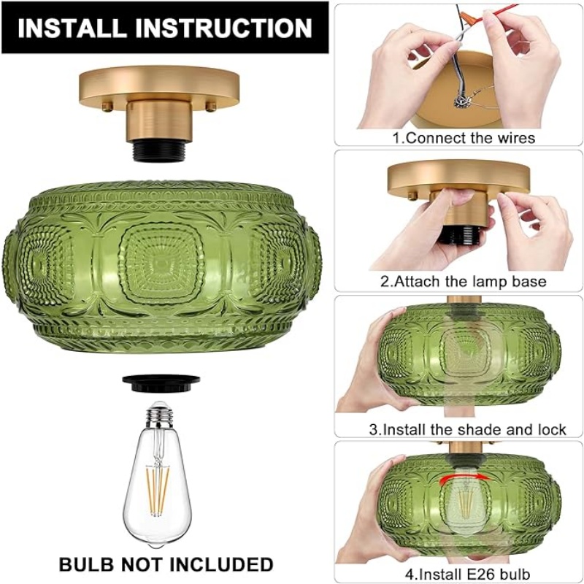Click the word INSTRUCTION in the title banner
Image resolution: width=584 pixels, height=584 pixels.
(224, 28)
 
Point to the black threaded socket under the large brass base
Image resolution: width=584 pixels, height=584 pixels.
(159, 151)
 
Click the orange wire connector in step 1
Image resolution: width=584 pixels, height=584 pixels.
(469, 17)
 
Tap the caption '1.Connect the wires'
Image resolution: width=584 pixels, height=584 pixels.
(464, 138)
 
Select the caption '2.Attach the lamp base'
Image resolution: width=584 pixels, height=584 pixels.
(463, 281)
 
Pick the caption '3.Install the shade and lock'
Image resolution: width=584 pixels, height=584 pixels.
(467, 429)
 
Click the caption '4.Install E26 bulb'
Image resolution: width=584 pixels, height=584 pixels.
(467, 573)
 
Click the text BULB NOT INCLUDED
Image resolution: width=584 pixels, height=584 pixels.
(166, 564)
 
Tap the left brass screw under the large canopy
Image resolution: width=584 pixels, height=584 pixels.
(107, 107)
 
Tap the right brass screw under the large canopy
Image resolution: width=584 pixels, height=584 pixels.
(211, 107)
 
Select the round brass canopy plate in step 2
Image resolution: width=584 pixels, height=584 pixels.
(458, 178)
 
